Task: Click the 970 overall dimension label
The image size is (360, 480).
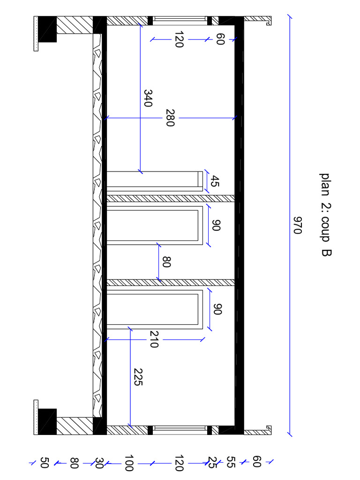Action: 298,225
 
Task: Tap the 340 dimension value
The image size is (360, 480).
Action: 148,98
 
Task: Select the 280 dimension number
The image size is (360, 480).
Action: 170,118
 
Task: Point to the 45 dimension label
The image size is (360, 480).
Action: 215,181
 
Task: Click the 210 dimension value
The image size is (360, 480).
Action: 154,339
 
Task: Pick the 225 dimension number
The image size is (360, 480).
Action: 138,377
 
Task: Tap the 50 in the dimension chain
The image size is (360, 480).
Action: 45,463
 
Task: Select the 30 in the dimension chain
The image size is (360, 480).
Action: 99,463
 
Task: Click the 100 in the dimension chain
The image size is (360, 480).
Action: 129,463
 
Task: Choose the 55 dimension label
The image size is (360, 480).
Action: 231,462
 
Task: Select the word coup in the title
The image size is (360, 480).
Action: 326,228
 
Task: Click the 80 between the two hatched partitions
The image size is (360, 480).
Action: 166,262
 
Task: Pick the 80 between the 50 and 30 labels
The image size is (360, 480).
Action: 74,463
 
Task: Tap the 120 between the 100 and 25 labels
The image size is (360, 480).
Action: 179,463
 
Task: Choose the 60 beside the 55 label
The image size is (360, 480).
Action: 257,462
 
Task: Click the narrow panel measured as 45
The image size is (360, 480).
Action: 155,181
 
